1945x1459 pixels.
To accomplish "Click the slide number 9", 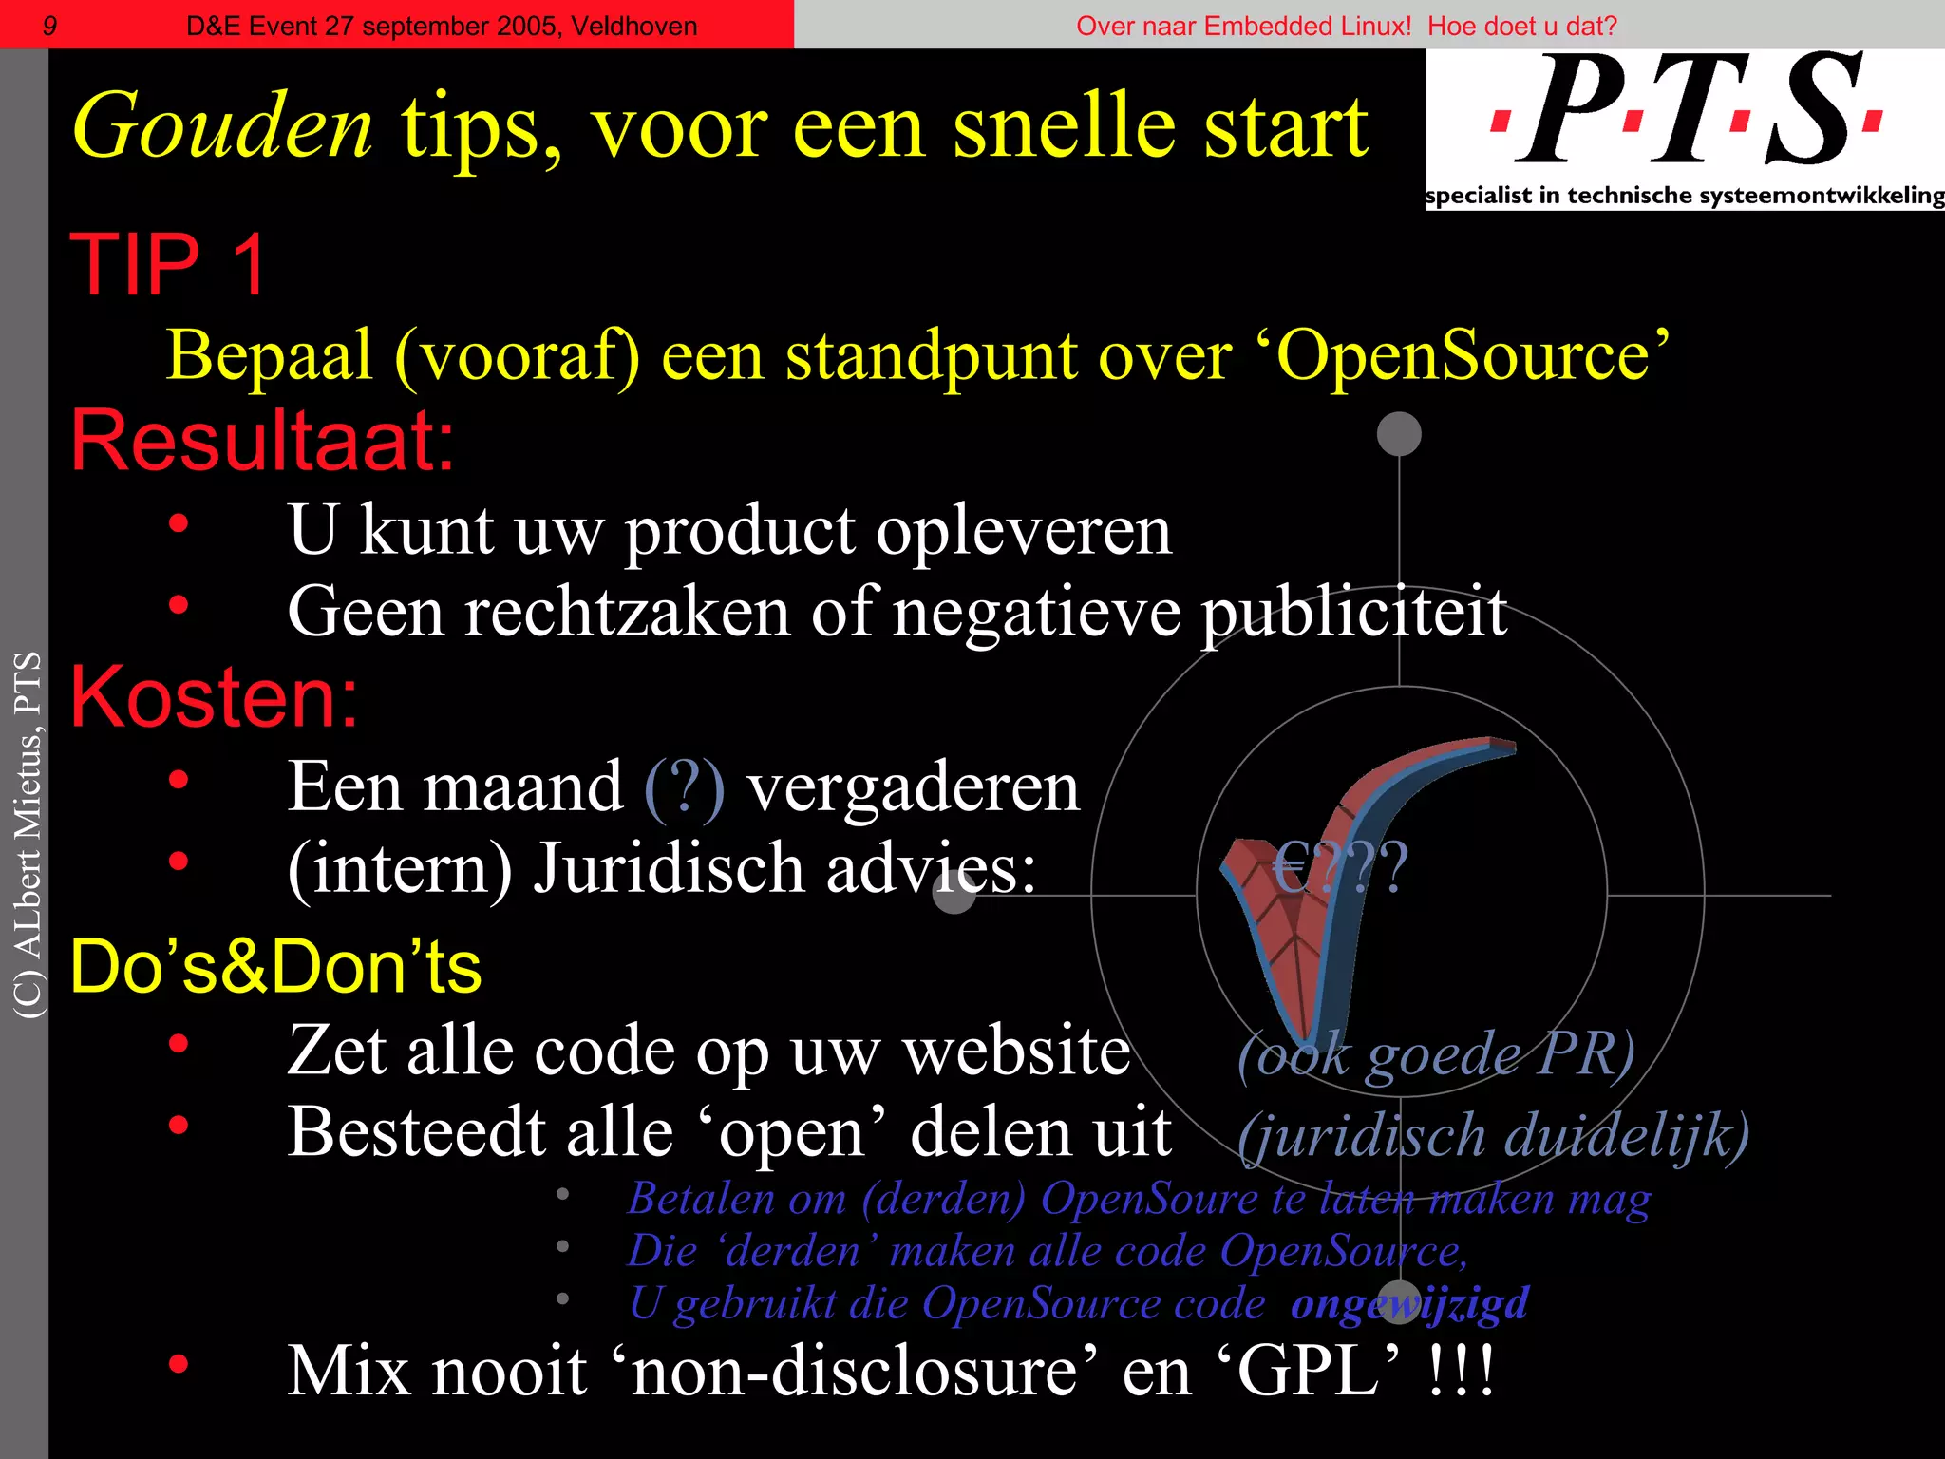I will click(50, 26).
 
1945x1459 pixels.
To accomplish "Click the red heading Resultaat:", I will click(263, 441).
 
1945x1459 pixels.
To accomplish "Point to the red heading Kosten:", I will click(215, 697).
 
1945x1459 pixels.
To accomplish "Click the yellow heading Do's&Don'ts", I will click(275, 967).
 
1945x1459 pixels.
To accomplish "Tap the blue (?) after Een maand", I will click(684, 787).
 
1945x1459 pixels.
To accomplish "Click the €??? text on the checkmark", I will click(1340, 867).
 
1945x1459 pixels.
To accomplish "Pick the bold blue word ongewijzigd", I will click(1409, 1303).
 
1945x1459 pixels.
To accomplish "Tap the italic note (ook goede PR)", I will click(1436, 1054).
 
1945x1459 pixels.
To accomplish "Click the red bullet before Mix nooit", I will click(178, 1365).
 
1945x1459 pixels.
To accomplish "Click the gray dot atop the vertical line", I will click(1399, 434).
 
